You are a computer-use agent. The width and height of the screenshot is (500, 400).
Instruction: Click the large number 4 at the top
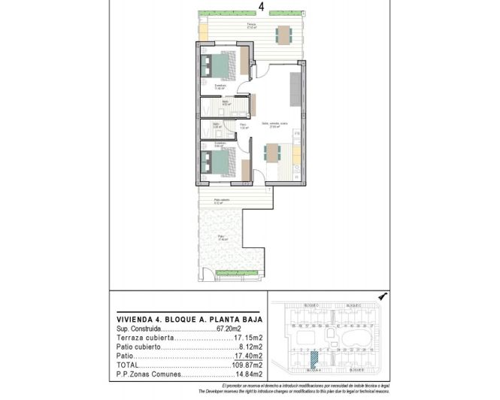pos(261,7)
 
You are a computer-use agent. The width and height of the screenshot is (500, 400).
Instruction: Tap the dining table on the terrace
pos(283,35)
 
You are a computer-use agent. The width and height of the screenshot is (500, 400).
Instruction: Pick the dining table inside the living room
pos(271,153)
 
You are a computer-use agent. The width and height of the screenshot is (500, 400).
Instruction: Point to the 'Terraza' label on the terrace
pos(251,26)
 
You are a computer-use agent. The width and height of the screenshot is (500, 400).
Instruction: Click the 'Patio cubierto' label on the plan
pos(222,199)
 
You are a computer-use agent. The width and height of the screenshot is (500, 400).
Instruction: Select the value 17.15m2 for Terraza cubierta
pos(248,338)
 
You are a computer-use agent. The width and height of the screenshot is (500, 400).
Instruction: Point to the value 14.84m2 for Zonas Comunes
pos(248,374)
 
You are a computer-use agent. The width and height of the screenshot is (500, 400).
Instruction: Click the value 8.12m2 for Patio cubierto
pos(250,347)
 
